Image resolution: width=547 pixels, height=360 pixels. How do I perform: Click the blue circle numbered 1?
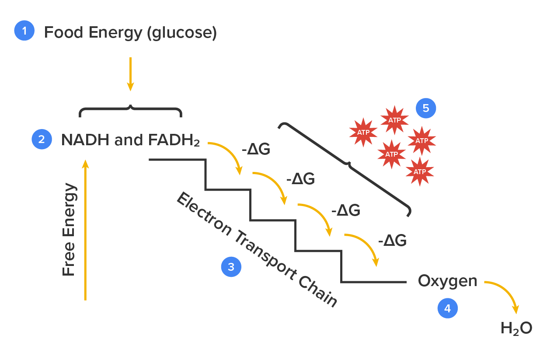24,31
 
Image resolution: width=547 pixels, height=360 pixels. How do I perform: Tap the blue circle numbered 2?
42,140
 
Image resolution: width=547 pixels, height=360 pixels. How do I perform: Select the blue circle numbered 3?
231,267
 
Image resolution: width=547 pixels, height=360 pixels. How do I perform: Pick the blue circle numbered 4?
447,309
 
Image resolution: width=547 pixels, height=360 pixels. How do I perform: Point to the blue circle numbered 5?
425,108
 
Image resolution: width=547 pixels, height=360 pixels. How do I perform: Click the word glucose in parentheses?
181,33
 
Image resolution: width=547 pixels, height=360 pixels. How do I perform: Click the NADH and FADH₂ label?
130,140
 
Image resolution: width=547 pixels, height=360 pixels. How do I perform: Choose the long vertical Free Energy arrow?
85,230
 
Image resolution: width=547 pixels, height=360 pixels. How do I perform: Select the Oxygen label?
447,281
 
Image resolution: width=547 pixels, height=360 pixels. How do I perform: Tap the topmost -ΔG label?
256,150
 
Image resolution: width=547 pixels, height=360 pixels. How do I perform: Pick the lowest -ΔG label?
392,241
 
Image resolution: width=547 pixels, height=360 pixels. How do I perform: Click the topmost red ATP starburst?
394,119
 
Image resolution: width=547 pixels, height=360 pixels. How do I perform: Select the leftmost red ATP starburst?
363,132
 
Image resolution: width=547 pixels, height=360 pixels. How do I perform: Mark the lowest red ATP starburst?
420,172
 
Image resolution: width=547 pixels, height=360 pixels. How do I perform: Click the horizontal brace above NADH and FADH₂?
130,110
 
